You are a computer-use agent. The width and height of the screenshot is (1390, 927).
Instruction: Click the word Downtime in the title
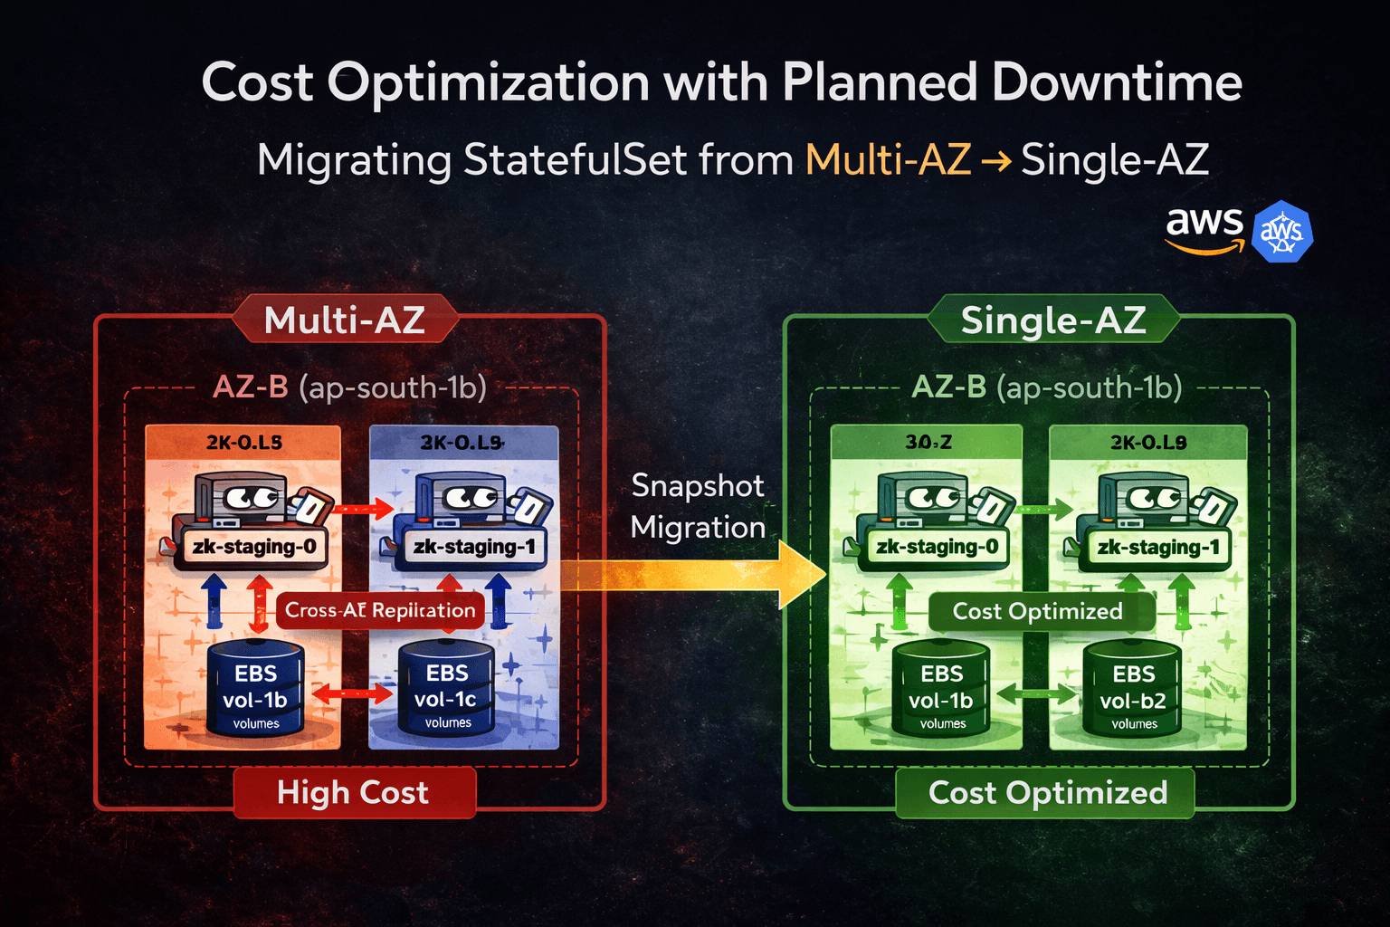(x=1117, y=82)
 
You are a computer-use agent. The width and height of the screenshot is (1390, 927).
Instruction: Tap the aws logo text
(x=1204, y=222)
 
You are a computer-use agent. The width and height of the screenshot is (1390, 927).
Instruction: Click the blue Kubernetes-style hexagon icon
(x=1281, y=232)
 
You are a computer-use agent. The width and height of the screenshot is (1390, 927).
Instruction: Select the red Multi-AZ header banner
(x=345, y=320)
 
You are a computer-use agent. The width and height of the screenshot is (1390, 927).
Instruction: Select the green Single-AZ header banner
(x=1053, y=320)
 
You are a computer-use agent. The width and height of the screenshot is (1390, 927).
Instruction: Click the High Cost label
(x=353, y=793)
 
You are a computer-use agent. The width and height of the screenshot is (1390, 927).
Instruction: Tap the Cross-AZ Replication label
(x=380, y=610)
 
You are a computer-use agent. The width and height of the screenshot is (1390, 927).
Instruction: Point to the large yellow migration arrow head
(x=802, y=575)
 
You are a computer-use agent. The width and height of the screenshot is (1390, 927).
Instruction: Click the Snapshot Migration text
(x=698, y=506)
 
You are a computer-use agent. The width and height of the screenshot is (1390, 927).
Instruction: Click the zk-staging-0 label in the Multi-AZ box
(x=253, y=547)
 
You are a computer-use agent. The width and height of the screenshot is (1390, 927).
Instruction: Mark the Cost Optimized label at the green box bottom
(x=1047, y=793)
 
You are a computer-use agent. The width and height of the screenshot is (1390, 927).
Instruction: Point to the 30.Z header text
(x=928, y=443)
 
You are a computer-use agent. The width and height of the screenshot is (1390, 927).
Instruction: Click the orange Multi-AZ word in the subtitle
(x=888, y=160)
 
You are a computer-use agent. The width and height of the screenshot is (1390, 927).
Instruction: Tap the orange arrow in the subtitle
(x=996, y=161)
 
